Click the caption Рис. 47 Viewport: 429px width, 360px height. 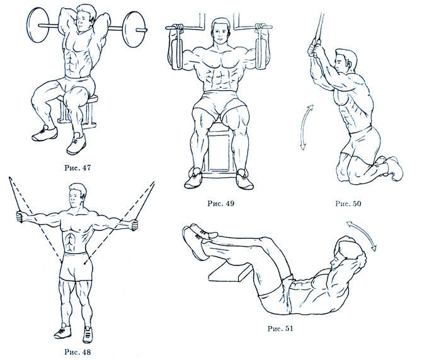tap(77, 168)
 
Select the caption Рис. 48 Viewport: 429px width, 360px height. tap(77, 352)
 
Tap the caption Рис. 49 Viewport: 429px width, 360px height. tap(221, 204)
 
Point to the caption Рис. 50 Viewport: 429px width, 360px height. tap(348, 204)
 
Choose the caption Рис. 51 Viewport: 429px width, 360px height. tap(280, 328)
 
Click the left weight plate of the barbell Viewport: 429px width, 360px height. tap(38, 25)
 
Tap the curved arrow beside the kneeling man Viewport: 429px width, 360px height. tap(305, 127)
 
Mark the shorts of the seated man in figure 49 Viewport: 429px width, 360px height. tap(220, 103)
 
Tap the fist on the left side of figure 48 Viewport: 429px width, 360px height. tap(20, 218)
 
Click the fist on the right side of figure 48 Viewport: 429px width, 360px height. tap(134, 224)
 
